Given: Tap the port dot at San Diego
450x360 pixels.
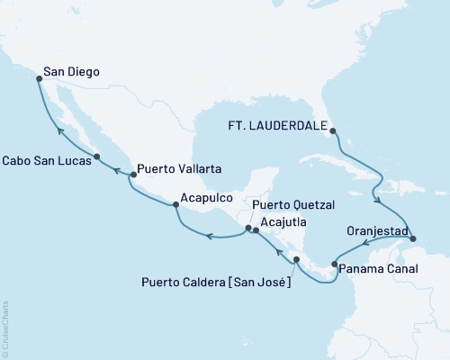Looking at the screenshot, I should pos(39,79).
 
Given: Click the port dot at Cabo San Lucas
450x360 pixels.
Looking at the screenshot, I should pos(96,157).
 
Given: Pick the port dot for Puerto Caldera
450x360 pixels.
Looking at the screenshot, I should pos(296,259).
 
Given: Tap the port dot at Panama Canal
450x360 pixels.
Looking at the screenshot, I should pos(335,265).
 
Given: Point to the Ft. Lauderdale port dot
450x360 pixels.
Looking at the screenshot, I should pos(333,131).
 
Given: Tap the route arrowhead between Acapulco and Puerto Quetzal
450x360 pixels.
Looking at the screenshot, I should pos(208,237).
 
